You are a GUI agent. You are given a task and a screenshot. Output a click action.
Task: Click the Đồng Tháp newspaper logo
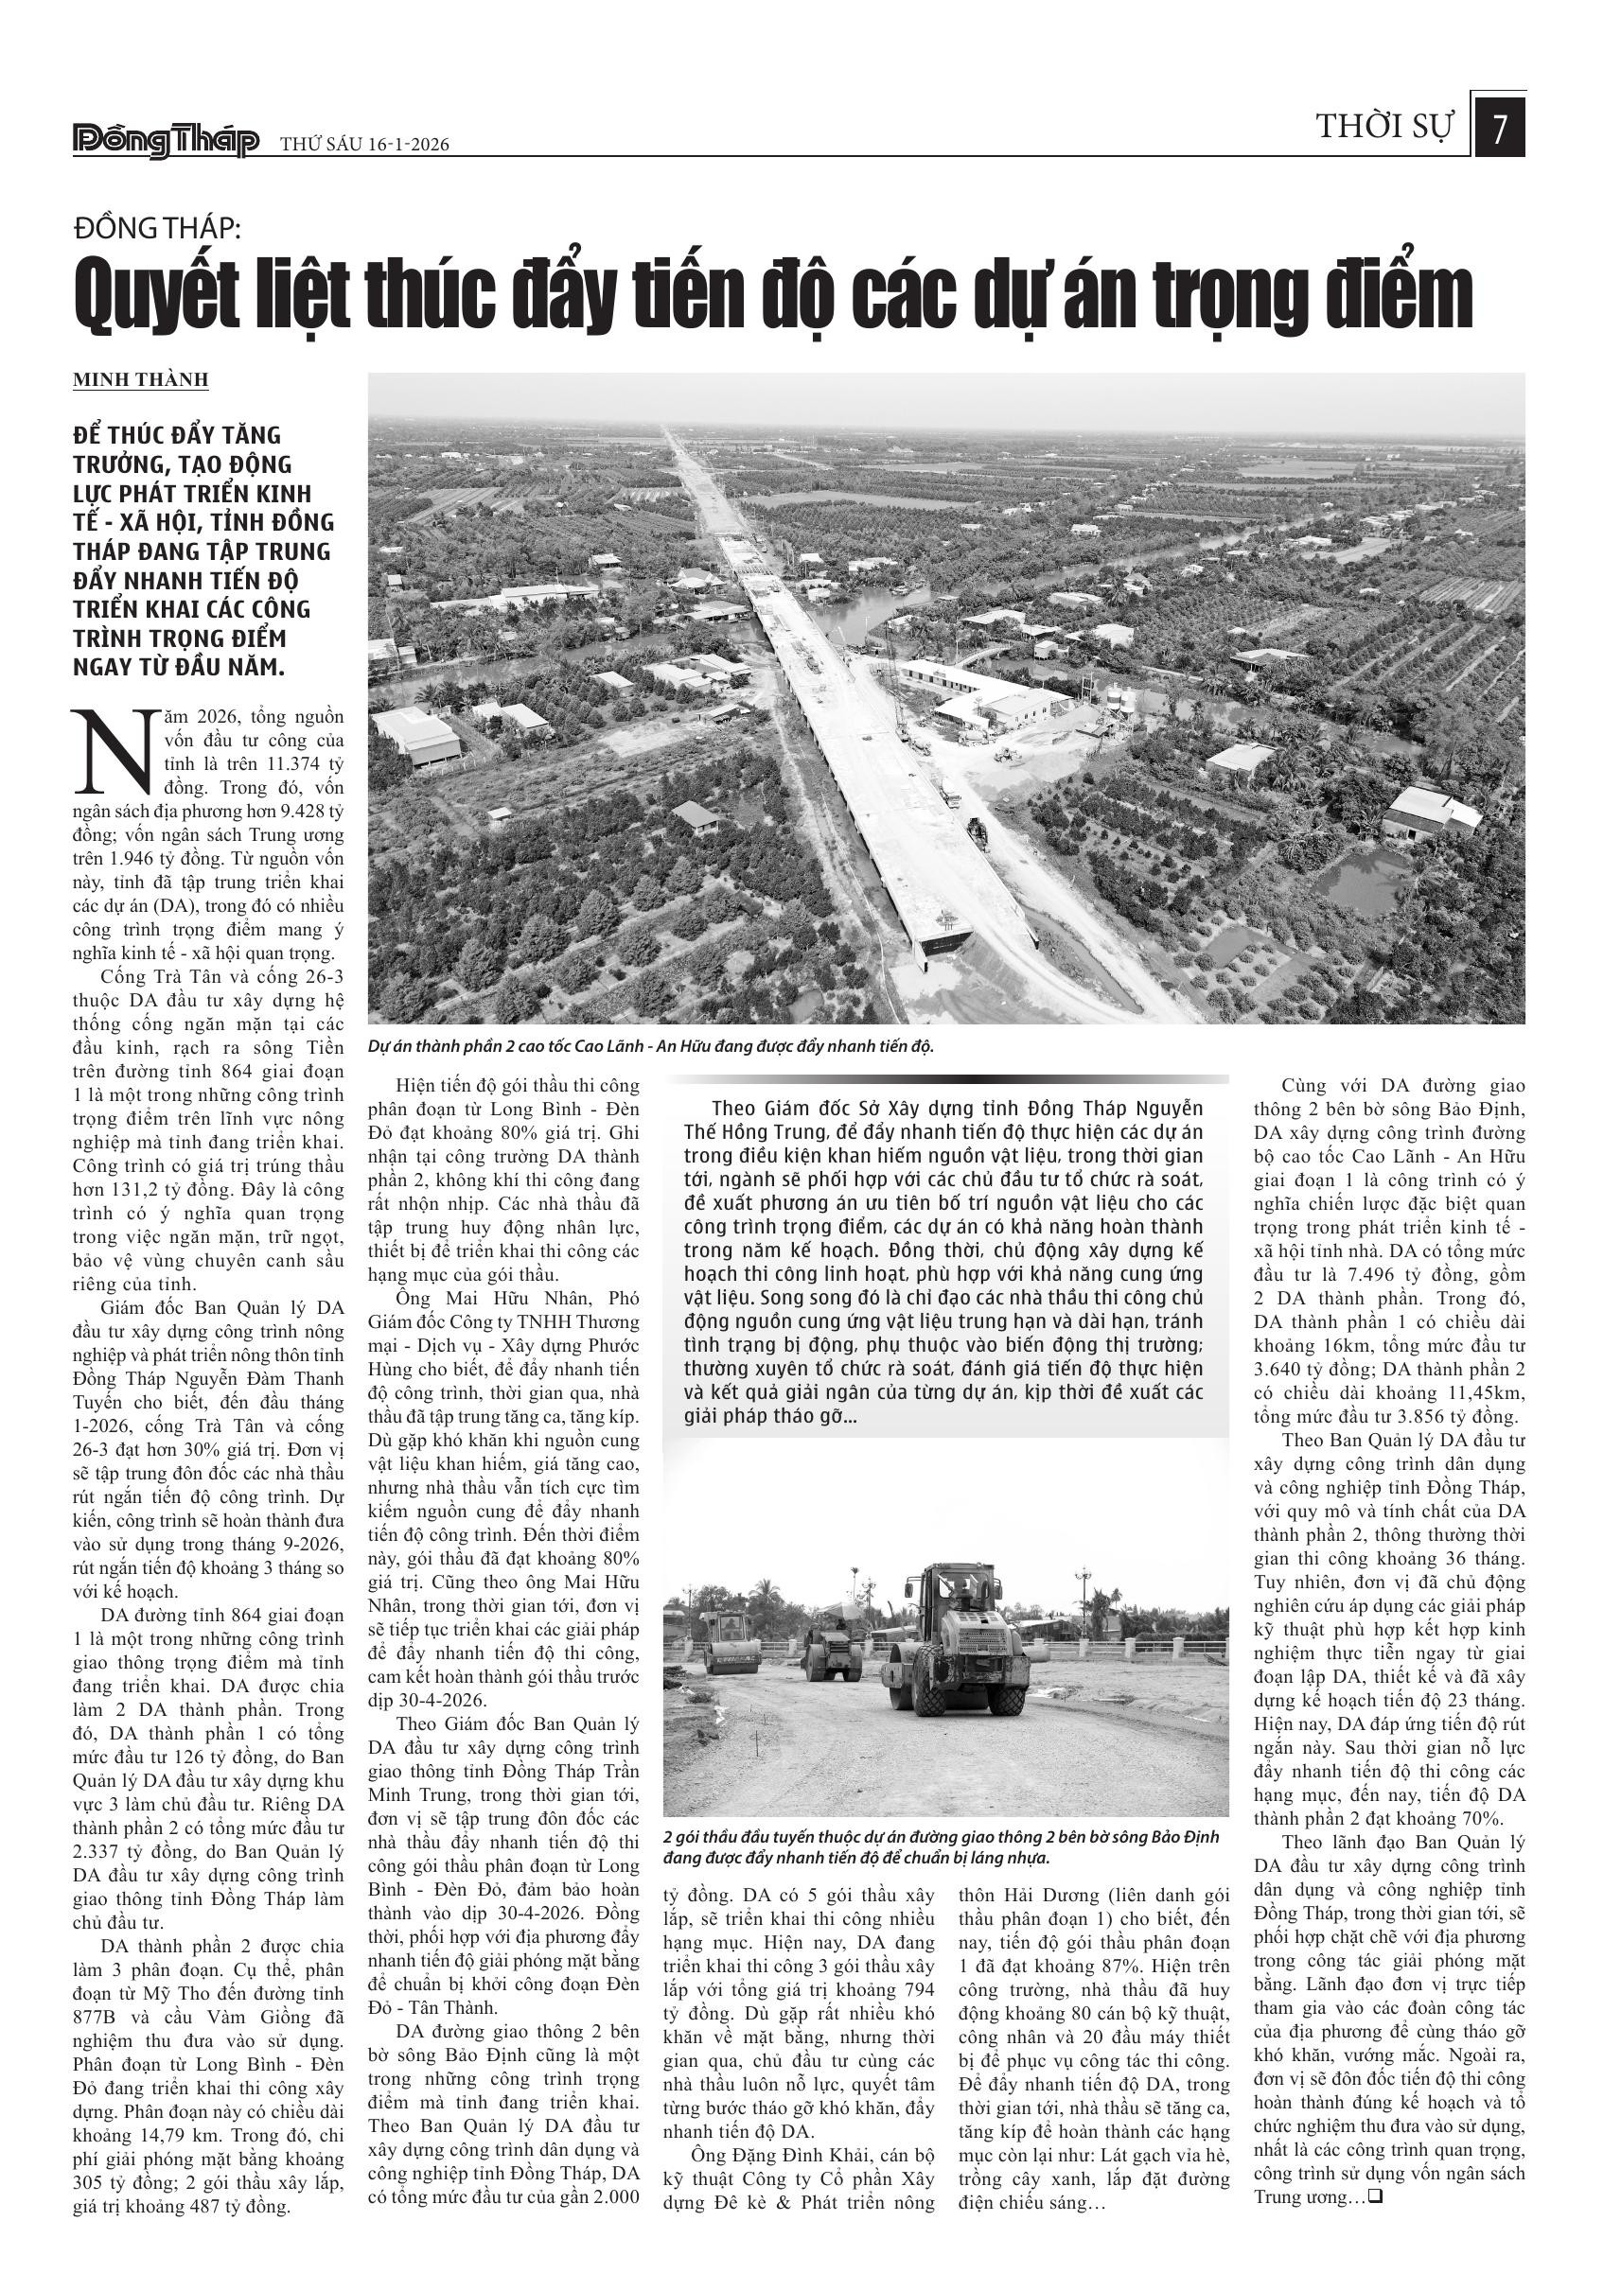click(x=167, y=141)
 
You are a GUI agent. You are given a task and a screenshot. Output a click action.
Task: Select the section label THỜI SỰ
click(x=1384, y=129)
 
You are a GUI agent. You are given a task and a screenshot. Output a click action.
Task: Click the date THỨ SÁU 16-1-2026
click(x=364, y=145)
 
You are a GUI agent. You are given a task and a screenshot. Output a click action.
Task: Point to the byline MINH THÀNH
click(x=141, y=380)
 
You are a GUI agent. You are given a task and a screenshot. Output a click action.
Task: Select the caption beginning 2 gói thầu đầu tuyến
click(x=941, y=1847)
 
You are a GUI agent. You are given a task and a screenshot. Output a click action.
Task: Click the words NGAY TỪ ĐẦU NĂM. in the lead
click(x=180, y=667)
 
